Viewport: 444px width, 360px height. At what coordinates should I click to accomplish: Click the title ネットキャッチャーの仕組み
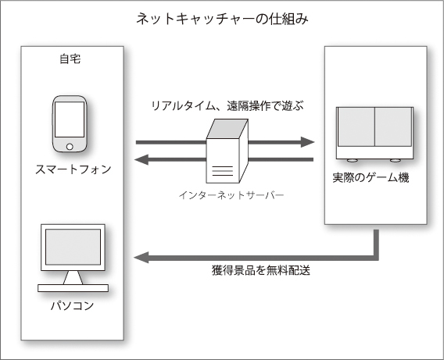point(222,19)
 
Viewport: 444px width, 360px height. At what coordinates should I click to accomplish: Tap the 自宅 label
point(70,59)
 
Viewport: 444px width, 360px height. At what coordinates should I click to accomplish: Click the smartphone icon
point(70,124)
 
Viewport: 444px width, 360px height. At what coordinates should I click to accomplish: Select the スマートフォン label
point(73,169)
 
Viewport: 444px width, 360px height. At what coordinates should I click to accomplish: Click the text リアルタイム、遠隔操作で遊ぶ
point(227,106)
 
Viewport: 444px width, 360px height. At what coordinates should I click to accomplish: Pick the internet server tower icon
point(227,151)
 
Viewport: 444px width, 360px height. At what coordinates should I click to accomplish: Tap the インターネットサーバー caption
point(231,195)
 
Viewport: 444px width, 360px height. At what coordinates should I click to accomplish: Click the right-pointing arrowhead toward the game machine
point(307,142)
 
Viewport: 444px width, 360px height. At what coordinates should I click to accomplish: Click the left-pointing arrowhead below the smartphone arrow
point(141,159)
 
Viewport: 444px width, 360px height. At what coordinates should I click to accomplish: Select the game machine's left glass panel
point(356,127)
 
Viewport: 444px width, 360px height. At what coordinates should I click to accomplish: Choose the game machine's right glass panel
point(393,127)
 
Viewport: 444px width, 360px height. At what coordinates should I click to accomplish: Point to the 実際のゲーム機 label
point(371,178)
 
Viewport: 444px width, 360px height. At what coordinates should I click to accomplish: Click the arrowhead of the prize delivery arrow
point(141,258)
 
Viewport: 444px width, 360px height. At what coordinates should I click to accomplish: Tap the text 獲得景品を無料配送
point(261,270)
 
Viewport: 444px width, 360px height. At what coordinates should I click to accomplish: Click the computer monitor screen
point(73,247)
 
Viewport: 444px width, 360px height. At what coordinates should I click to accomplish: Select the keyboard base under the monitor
point(73,288)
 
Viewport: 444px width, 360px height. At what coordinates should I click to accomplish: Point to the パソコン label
point(72,305)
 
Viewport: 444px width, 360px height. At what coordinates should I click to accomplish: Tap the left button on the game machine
point(353,161)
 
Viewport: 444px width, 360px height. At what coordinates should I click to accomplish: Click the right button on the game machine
point(396,161)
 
